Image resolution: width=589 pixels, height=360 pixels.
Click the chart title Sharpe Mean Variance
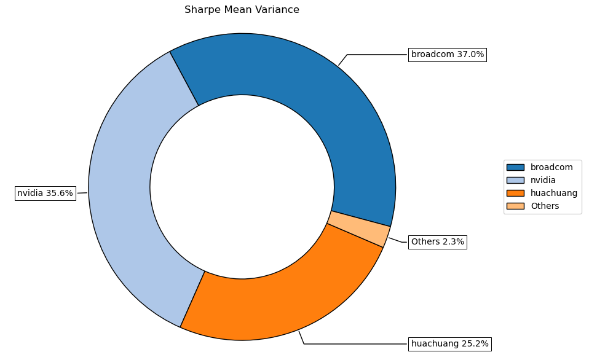tap(242, 10)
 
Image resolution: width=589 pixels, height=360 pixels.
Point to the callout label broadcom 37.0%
tap(447, 55)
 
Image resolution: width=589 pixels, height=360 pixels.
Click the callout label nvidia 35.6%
tap(45, 194)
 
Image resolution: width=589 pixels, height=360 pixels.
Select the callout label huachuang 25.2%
tap(449, 343)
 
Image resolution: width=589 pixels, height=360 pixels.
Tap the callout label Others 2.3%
tap(437, 242)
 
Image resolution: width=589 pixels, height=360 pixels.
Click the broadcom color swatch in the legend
tap(515, 167)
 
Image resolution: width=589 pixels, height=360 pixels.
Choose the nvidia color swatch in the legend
tap(515, 180)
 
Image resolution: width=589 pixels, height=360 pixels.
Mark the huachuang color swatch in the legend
tap(515, 193)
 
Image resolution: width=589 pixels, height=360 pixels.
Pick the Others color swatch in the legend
tap(515, 206)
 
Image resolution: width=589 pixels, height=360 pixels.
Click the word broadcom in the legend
tap(551, 167)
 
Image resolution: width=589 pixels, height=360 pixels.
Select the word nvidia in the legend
tap(543, 180)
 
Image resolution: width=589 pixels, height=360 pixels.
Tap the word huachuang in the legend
tap(554, 193)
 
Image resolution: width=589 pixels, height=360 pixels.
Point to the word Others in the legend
tap(545, 206)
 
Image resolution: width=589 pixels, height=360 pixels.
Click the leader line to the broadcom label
tap(375, 55)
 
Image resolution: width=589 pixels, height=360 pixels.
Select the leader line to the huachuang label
tap(354, 343)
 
